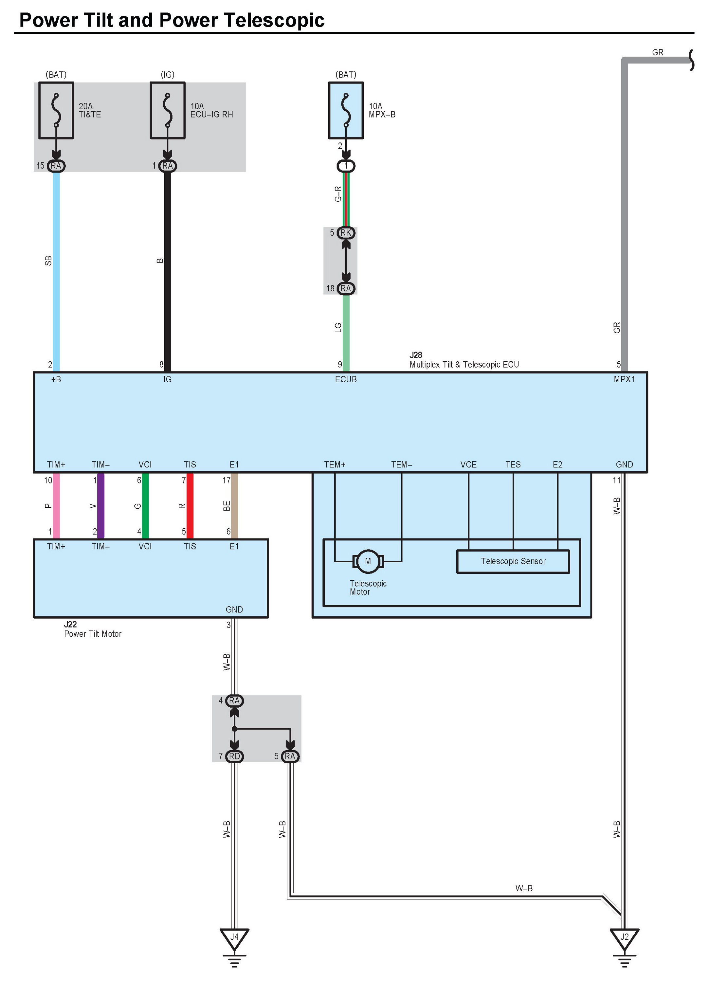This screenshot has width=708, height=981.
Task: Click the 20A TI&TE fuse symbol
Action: pyautogui.click(x=56, y=110)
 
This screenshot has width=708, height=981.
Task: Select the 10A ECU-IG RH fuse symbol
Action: pyautogui.click(x=167, y=110)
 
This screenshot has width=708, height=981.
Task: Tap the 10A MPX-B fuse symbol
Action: pyautogui.click(x=346, y=110)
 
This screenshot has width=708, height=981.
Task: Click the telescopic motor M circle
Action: pyautogui.click(x=368, y=561)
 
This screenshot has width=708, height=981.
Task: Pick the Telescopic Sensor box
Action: pyautogui.click(x=513, y=561)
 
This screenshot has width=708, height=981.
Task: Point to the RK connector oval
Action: pyautogui.click(x=346, y=233)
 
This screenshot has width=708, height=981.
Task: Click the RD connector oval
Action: pyautogui.click(x=234, y=756)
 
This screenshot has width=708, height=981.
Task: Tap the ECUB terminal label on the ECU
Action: pyautogui.click(x=346, y=379)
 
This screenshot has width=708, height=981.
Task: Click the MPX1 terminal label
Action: pyautogui.click(x=624, y=379)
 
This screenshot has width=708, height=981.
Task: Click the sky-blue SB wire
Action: pyautogui.click(x=56, y=268)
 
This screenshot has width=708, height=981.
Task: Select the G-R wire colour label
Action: pyautogui.click(x=338, y=194)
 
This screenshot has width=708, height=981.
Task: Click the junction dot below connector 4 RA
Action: pyautogui.click(x=234, y=729)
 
